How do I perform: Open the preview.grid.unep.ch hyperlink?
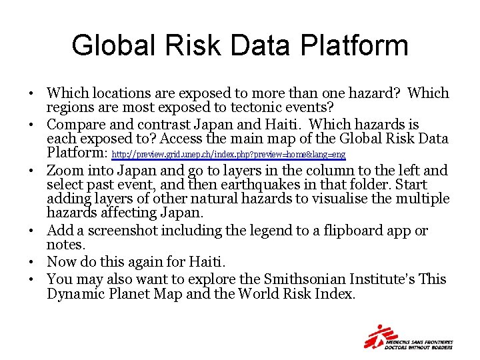(229, 155)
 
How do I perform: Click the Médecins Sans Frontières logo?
(408, 337)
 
